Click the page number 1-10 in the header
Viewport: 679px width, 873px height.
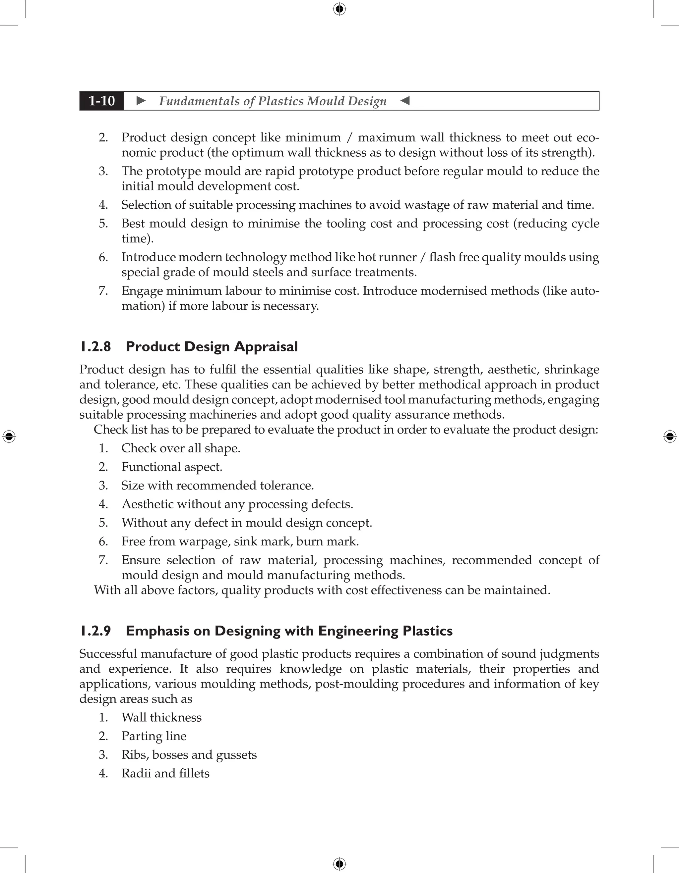pyautogui.click(x=102, y=101)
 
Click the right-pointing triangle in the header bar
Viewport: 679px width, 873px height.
pyautogui.click(x=141, y=101)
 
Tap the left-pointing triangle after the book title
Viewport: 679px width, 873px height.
pyautogui.click(x=405, y=101)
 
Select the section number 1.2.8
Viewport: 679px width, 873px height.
pyautogui.click(x=95, y=346)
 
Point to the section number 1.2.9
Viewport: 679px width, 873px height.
pyautogui.click(x=95, y=631)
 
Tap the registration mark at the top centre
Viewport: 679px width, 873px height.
pyautogui.click(x=339, y=9)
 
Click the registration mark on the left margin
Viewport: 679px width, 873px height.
pyautogui.click(x=9, y=436)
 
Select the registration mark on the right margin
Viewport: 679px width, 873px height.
pyautogui.click(x=670, y=436)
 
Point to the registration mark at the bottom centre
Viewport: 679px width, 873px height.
pyautogui.click(x=339, y=864)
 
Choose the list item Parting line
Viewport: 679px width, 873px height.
pyautogui.click(x=154, y=736)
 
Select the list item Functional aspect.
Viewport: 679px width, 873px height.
pyautogui.click(x=172, y=467)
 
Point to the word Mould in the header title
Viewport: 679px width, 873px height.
pyautogui.click(x=324, y=101)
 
